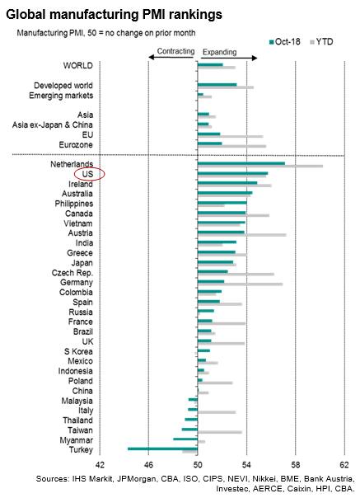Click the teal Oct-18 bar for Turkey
point(162,449)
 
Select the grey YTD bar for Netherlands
point(260,166)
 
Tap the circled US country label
point(87,174)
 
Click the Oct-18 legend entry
point(284,42)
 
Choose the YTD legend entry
point(321,42)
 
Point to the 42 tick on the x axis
point(100,465)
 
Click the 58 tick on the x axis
point(295,465)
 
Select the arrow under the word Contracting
point(171,57)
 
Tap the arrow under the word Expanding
point(229,58)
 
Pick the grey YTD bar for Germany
point(240,284)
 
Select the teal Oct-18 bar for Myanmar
point(185,439)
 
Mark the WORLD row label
point(77,66)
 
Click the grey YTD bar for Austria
point(242,235)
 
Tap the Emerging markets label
point(61,96)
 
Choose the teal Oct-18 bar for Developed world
point(217,84)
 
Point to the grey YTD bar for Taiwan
point(220,432)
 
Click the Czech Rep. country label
point(72,273)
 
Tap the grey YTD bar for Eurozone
point(231,147)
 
